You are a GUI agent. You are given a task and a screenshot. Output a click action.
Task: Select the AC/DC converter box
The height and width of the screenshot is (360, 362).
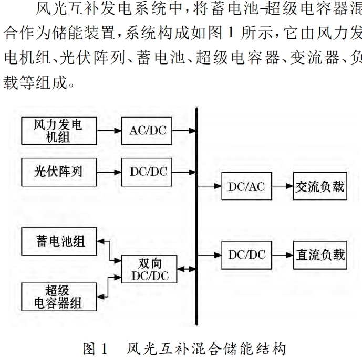point(148,130)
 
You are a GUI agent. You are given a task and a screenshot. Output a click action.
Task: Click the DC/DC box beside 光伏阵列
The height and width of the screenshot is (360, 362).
point(148,171)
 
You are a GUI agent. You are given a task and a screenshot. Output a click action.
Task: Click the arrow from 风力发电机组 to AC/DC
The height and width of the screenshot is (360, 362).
point(108,130)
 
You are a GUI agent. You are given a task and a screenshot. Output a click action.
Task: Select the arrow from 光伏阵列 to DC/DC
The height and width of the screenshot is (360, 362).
point(108,171)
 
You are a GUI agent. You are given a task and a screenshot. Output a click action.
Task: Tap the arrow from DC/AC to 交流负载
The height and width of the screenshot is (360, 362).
point(283,186)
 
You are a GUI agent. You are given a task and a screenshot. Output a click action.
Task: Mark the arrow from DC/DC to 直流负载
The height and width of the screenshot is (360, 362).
point(283,255)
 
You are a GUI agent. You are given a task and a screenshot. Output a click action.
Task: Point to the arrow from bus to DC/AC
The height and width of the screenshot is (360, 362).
point(209,186)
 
